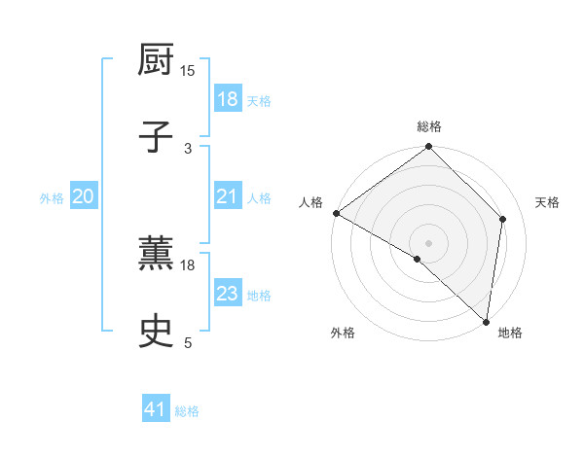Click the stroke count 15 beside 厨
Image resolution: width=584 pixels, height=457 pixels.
(x=188, y=71)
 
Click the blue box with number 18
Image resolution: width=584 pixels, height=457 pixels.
(x=227, y=99)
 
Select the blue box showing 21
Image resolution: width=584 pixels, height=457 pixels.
(x=227, y=197)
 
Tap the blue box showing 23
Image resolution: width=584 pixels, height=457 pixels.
(x=227, y=294)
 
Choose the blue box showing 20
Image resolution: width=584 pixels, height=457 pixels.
(x=84, y=197)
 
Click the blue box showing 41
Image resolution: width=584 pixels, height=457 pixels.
(x=156, y=410)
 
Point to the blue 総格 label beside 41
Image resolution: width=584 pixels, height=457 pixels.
(x=187, y=411)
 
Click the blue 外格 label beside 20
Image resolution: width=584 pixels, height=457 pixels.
(x=52, y=198)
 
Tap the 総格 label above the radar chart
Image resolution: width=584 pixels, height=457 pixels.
(x=429, y=127)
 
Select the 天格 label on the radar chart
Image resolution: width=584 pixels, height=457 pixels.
(x=547, y=202)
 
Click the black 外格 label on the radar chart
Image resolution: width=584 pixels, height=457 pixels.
(x=343, y=333)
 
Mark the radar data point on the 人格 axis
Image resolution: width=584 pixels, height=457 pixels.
(x=336, y=213)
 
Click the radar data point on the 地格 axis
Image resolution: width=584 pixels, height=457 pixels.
(x=486, y=321)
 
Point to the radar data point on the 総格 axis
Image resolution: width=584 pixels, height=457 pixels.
(x=429, y=148)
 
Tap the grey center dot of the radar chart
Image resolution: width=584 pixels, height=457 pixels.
(x=429, y=242)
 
